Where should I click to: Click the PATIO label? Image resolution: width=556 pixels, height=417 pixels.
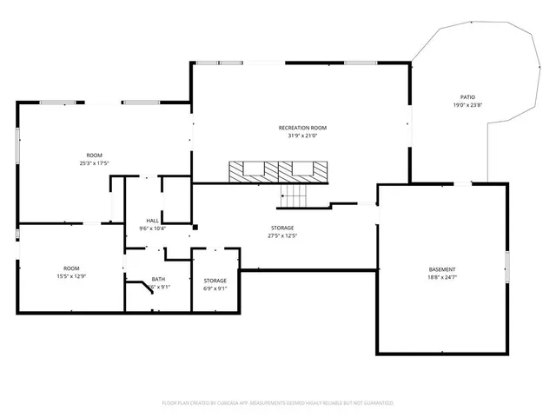467,96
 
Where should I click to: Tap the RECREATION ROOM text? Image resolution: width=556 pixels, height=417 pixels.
301,128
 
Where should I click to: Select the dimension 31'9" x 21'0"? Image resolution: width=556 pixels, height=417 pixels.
301,136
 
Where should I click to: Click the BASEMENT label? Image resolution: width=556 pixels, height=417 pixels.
441,269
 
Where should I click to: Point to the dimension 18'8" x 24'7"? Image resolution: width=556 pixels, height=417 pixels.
441,278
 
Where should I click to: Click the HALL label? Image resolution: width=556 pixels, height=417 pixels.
153,221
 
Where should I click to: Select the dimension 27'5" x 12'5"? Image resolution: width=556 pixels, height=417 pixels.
281,235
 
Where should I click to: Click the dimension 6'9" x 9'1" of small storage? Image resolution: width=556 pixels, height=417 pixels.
215,288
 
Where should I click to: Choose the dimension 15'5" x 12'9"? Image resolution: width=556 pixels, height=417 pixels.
71,276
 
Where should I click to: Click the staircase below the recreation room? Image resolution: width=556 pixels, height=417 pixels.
294,198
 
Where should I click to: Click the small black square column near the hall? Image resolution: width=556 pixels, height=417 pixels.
195,228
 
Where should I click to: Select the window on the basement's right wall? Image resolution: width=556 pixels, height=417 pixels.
507,267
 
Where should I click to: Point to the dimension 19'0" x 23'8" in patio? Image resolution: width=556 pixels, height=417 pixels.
467,105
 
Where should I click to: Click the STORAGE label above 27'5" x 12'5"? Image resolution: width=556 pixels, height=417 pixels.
281,228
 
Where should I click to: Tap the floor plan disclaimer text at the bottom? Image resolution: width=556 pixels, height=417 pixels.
278,403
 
